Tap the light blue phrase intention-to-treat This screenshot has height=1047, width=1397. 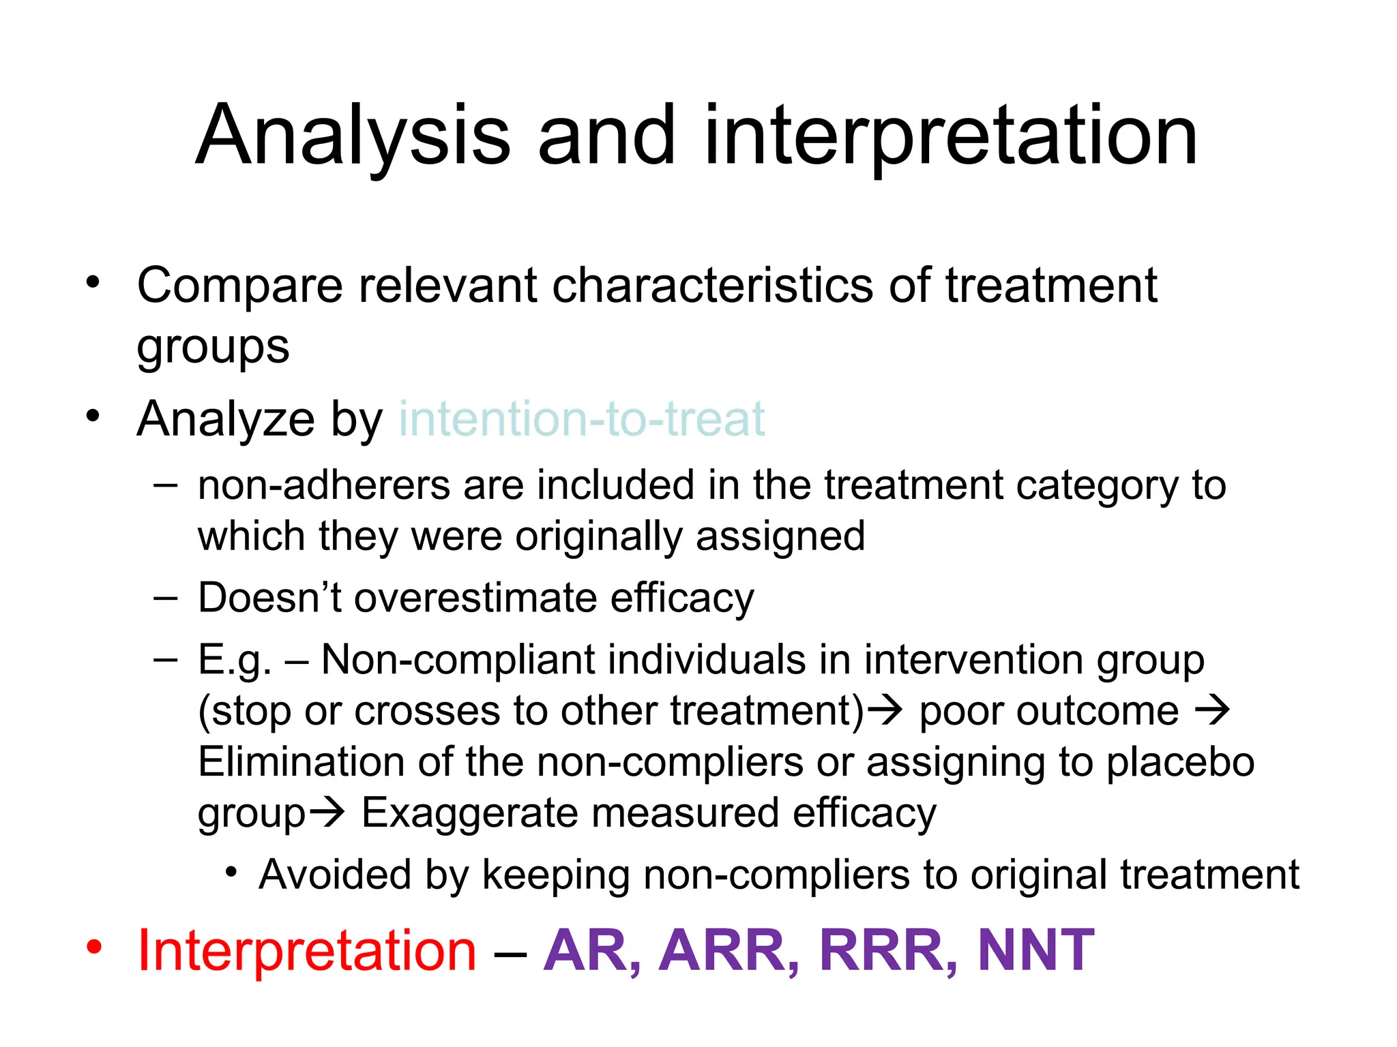coord(581,419)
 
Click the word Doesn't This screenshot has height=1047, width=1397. coord(269,598)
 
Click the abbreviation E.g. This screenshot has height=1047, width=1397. coord(234,660)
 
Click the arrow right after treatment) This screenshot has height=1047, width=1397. coord(886,711)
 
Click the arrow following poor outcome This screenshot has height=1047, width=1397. coord(1212,711)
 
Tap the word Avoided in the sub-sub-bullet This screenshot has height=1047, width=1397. coord(335,875)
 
